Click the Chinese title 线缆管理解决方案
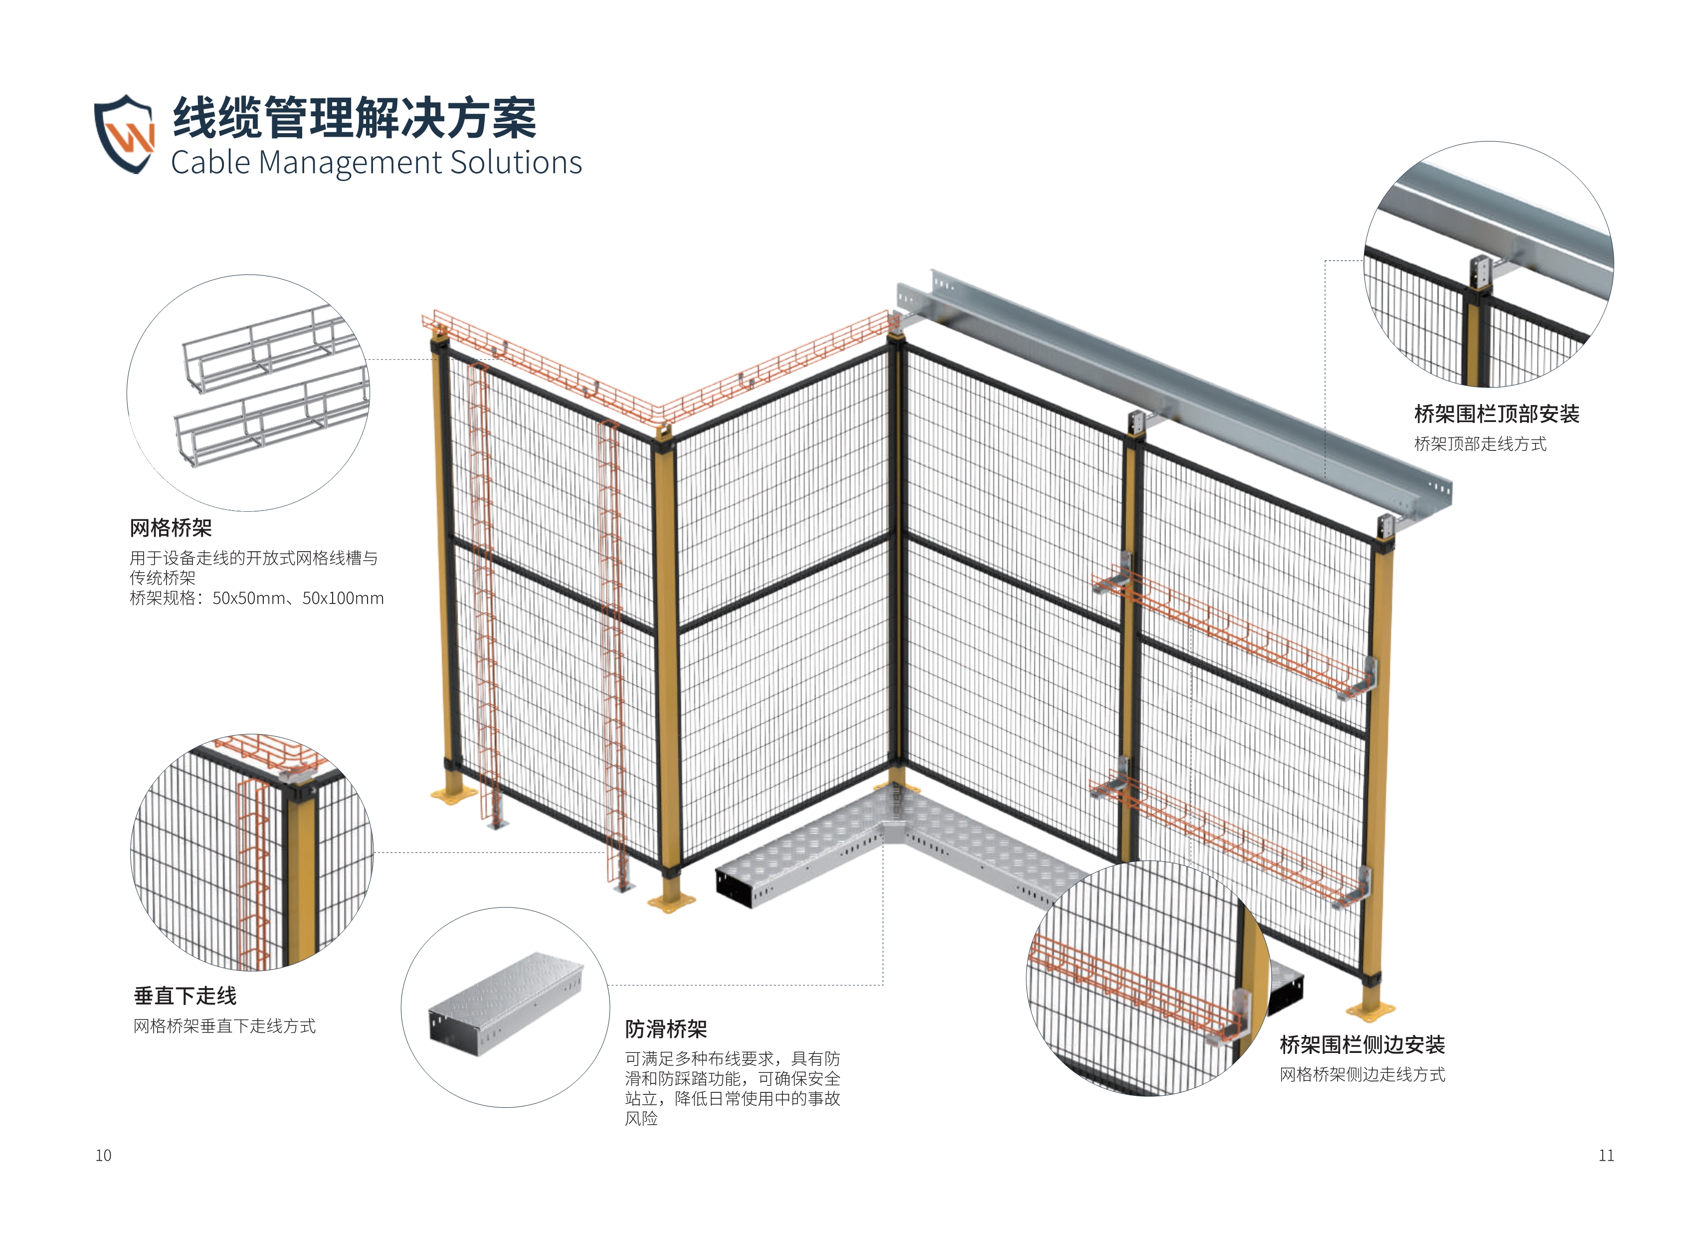354,118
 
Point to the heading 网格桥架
171,528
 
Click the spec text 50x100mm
344,599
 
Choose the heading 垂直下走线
185,996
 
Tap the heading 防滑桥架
666,1029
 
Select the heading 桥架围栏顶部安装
1497,413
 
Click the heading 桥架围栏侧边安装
1361,1045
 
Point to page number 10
103,1156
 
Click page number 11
1606,1156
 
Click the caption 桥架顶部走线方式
1480,444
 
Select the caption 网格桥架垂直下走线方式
224,1026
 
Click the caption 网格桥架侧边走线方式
1361,1075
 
